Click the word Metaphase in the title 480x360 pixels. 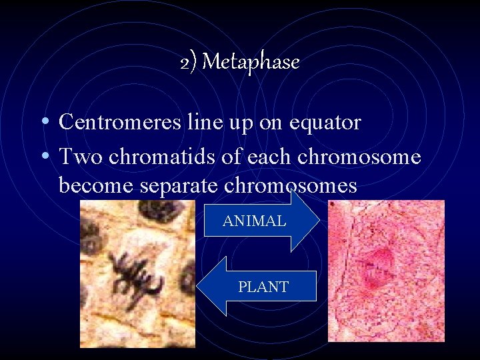coord(251,63)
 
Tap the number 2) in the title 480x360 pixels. coord(188,63)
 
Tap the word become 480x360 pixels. coord(97,185)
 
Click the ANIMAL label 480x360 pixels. coord(255,221)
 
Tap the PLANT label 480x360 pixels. coord(263,287)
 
